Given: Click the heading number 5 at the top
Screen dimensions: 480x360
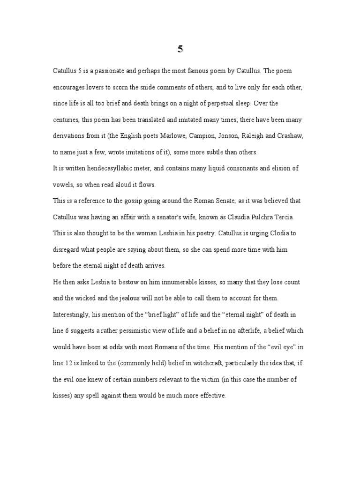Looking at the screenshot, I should (180, 49).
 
